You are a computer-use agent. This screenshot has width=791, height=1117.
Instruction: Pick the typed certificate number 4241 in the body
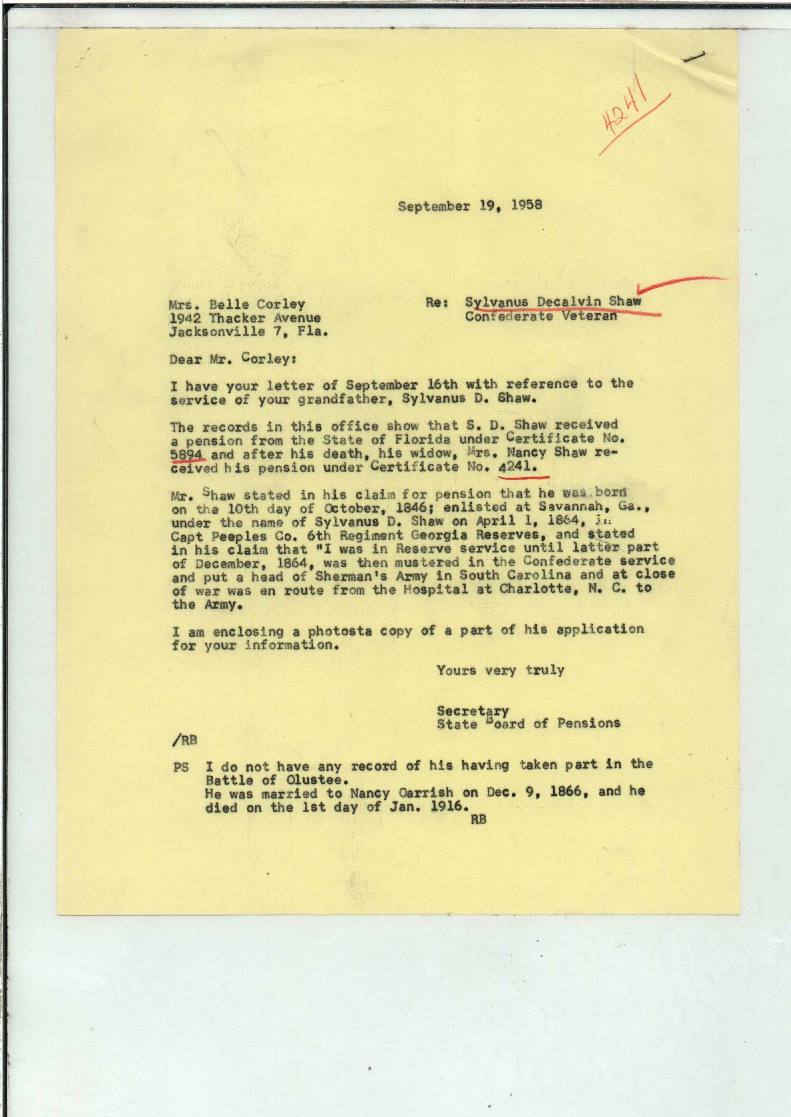click(517, 467)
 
